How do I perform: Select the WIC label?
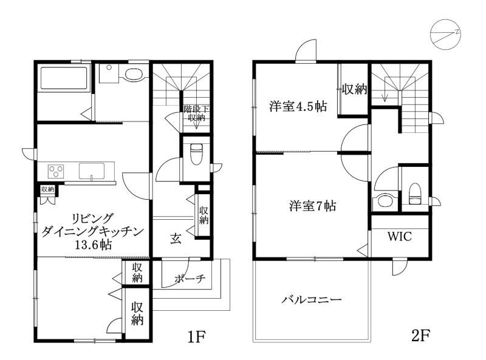[x=400, y=236]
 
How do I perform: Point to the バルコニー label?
[x=311, y=299]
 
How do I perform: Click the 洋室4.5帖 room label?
[x=298, y=107]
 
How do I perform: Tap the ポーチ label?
[x=189, y=279]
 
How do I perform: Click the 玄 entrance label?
[x=175, y=239]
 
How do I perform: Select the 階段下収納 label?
[x=196, y=114]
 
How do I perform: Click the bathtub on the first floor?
[x=64, y=79]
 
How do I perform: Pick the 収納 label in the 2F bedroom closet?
[x=354, y=89]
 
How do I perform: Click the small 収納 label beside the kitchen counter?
[x=47, y=189]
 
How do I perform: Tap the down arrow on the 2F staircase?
[x=385, y=97]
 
